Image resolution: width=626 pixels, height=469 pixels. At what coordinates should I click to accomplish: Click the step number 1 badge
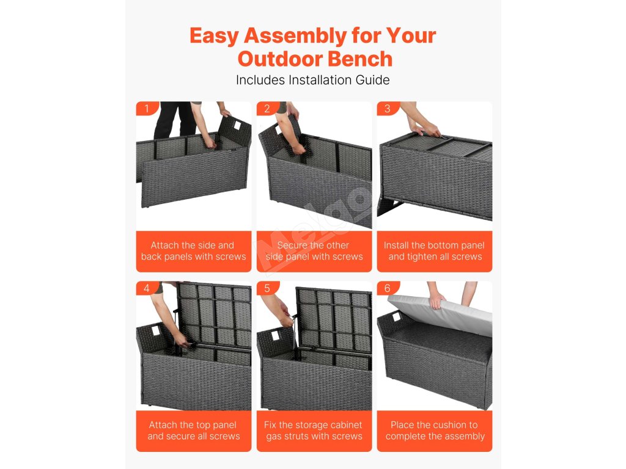(147, 109)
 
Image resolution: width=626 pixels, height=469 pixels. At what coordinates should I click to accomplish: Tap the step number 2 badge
(267, 109)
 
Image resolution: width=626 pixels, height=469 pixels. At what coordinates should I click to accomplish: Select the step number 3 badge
(387, 109)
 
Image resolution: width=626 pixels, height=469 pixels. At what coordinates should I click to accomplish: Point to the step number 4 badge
(147, 288)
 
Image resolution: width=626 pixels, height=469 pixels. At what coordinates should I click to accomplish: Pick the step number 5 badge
(267, 288)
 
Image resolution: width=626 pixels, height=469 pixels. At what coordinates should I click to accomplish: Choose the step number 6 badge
(387, 288)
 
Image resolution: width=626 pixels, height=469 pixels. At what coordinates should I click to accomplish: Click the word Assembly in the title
(295, 36)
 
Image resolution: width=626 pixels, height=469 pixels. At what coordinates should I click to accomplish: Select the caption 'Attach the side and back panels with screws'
(194, 251)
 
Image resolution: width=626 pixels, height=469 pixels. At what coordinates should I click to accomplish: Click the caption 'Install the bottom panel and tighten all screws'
(435, 251)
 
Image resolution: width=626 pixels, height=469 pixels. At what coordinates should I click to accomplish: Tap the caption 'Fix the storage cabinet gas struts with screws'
(314, 431)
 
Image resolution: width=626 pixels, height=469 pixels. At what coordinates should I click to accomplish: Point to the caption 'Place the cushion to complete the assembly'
(435, 431)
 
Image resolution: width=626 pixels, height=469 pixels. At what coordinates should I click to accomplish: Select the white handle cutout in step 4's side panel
(155, 330)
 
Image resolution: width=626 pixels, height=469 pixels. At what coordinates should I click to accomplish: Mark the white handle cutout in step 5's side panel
(275, 335)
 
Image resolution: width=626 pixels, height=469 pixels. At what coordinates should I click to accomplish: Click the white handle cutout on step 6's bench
(396, 318)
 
